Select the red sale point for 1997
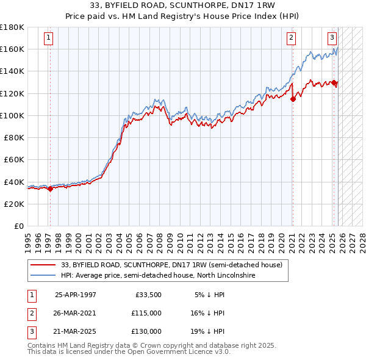pos(50,189)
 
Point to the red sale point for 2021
pos(293,99)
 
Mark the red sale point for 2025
pos(334,82)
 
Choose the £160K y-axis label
pos(12,49)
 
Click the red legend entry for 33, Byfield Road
pos(171,265)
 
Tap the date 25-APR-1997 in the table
pos(75,295)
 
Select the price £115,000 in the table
pos(146,313)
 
